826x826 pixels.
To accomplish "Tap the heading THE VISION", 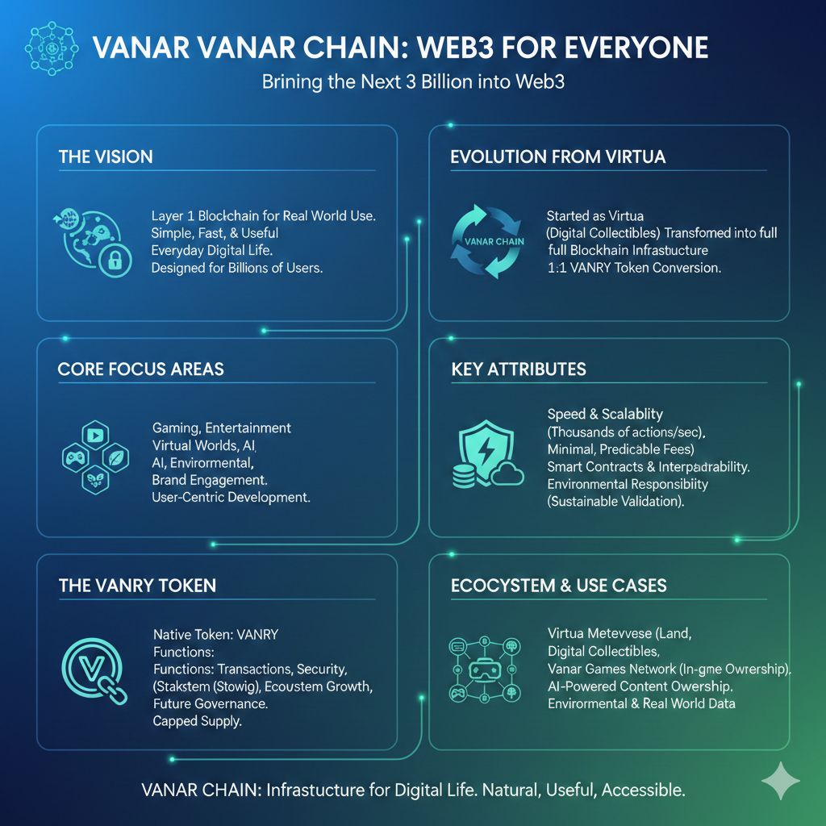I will pyautogui.click(x=105, y=156).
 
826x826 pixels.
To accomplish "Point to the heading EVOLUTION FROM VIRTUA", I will pyautogui.click(x=557, y=156).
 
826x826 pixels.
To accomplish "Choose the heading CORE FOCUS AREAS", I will pyautogui.click(x=140, y=369).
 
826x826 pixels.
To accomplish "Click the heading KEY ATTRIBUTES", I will pyautogui.click(x=518, y=369).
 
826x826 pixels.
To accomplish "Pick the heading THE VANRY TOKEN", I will pyautogui.click(x=137, y=585).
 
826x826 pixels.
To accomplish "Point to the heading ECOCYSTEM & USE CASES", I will pyautogui.click(x=558, y=585).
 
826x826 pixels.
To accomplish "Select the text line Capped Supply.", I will pyautogui.click(x=197, y=721).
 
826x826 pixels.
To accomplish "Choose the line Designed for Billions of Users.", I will pyautogui.click(x=236, y=268).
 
